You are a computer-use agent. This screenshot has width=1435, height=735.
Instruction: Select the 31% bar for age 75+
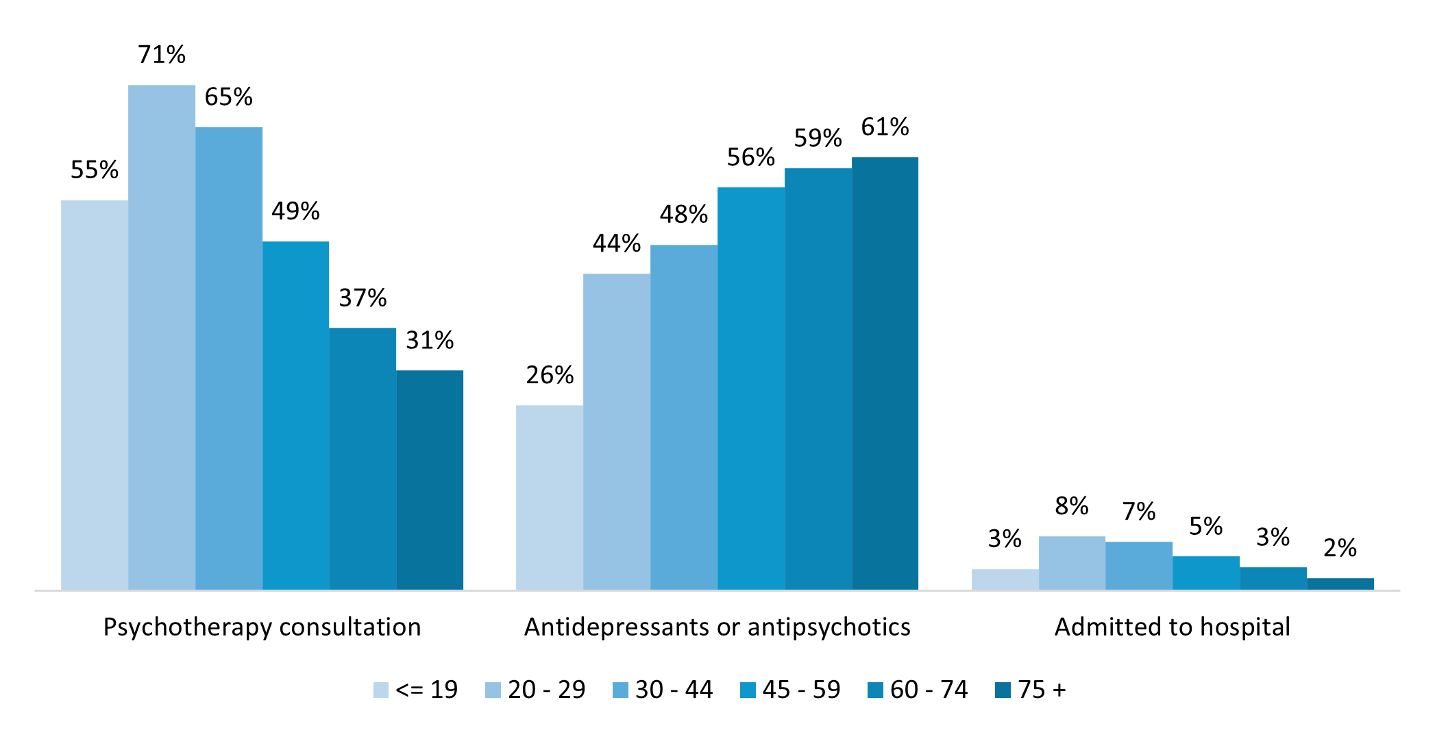pyautogui.click(x=430, y=480)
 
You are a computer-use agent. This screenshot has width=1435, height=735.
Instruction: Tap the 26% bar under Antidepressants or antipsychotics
pyautogui.click(x=550, y=497)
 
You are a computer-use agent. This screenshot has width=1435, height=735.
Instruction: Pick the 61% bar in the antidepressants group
pyautogui.click(x=885, y=373)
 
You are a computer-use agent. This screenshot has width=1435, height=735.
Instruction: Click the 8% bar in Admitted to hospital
pyautogui.click(x=1072, y=563)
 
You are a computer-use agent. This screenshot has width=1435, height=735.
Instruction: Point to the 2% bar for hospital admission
pyautogui.click(x=1340, y=583)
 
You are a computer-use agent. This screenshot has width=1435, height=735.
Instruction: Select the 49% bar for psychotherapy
pyautogui.click(x=296, y=415)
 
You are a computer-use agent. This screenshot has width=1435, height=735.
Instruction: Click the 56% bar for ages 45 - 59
pyautogui.click(x=751, y=388)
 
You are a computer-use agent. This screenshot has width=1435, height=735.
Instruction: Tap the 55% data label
pyautogui.click(x=95, y=170)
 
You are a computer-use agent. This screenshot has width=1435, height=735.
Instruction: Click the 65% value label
pyautogui.click(x=229, y=97)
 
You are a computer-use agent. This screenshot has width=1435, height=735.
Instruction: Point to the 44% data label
pyautogui.click(x=617, y=243)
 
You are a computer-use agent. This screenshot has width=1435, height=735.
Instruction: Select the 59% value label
pyautogui.click(x=818, y=138)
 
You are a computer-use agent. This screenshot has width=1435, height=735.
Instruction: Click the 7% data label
pyautogui.click(x=1139, y=511)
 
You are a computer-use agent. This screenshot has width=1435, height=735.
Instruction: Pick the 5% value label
pyautogui.click(x=1206, y=527)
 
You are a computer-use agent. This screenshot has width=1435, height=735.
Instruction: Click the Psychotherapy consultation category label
pyautogui.click(x=262, y=627)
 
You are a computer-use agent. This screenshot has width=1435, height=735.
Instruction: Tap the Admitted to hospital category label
pyautogui.click(x=1172, y=627)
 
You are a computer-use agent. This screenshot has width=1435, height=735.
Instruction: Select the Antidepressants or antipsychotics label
pyautogui.click(x=717, y=627)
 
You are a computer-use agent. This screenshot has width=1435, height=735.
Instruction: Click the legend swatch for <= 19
pyautogui.click(x=381, y=690)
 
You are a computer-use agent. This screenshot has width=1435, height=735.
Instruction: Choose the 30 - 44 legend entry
pyautogui.click(x=663, y=690)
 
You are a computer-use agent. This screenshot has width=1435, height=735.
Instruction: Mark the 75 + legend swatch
pyautogui.click(x=1003, y=690)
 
